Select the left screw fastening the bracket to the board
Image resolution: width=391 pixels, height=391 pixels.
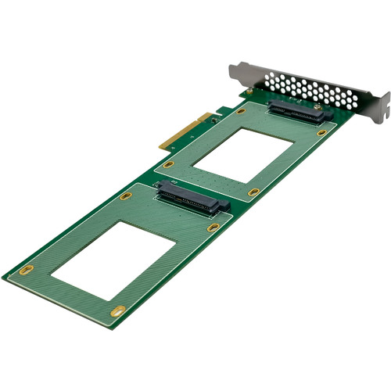249,92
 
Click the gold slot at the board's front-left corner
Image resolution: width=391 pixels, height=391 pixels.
27,270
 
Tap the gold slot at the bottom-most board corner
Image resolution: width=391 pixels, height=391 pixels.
117,310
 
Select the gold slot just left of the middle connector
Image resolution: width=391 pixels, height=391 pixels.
126,196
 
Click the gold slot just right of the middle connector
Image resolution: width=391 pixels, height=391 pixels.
213,228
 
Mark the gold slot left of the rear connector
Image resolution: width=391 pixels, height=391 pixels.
241,111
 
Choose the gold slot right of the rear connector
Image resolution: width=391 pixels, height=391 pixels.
321,133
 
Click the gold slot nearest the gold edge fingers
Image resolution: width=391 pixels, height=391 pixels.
168,164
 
